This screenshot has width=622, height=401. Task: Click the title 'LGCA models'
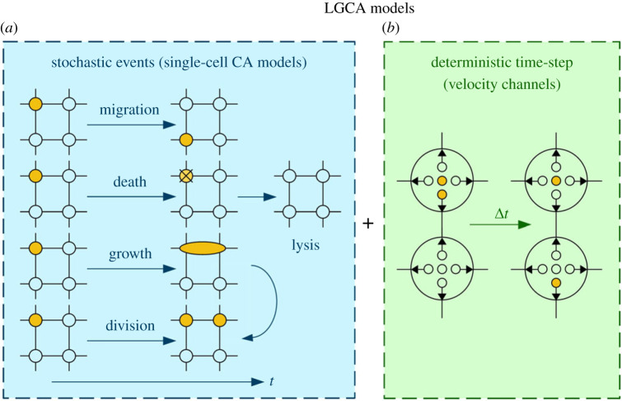click(311, 10)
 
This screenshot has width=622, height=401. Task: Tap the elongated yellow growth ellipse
click(202, 248)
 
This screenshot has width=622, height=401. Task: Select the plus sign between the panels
click(368, 224)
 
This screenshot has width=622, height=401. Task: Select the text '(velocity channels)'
click(503, 78)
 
